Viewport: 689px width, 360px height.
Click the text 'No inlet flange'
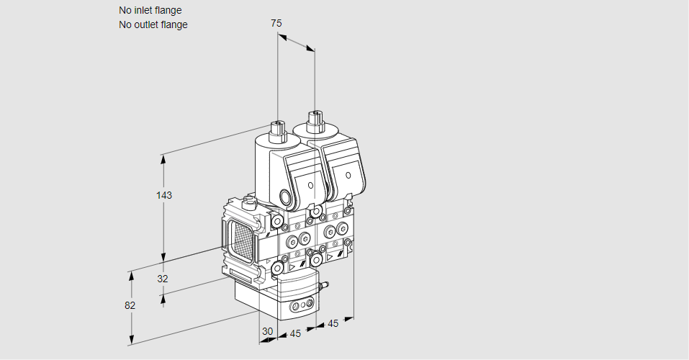(x=150, y=11)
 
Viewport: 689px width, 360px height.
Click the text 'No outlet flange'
(x=153, y=24)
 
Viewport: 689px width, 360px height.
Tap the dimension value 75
(x=276, y=23)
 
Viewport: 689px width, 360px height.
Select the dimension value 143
(x=164, y=195)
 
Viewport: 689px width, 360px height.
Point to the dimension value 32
(x=163, y=279)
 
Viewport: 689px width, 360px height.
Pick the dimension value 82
(x=130, y=305)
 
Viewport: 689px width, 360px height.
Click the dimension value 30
(x=267, y=333)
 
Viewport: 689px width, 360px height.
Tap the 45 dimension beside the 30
(x=294, y=333)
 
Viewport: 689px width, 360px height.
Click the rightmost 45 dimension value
(x=333, y=323)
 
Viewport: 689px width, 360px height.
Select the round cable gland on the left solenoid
(x=287, y=197)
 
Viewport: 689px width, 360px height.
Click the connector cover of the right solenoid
(x=348, y=173)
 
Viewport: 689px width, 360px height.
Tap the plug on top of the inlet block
(x=250, y=202)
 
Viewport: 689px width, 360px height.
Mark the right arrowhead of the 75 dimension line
(x=312, y=50)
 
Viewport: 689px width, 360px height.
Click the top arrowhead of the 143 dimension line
(x=164, y=157)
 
